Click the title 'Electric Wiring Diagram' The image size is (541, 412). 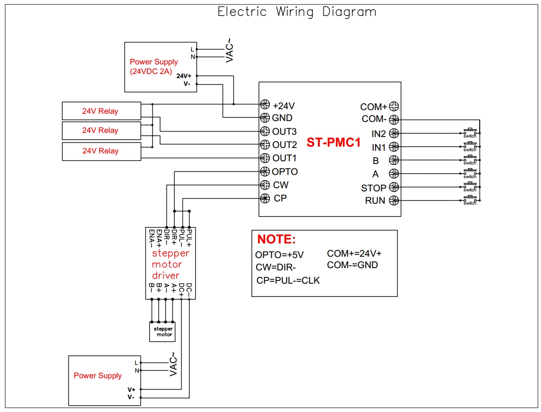pos(297,12)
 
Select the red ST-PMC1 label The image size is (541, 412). pos(333,143)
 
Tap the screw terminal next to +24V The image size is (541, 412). pos(264,105)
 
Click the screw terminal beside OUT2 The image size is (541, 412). pos(264,145)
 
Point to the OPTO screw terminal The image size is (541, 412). pos(264,172)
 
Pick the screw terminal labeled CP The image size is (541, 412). pos(264,198)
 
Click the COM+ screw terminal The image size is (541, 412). pos(394,106)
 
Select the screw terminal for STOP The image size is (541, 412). pos(394,187)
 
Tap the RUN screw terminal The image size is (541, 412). pos(394,200)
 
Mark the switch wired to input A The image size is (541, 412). pos(470,173)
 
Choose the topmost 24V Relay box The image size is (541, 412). pos(101,111)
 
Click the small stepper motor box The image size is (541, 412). pos(162,332)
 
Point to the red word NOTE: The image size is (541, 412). pos(276,239)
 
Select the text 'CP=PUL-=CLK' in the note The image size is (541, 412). pos(288,280)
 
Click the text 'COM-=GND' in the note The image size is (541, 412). pos(352,265)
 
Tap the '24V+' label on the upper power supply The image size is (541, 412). pos(184,76)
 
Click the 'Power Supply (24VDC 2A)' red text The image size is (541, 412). pos(154,66)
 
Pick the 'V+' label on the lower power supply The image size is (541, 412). pos(131,390)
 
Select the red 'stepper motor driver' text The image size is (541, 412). pos(170,264)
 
